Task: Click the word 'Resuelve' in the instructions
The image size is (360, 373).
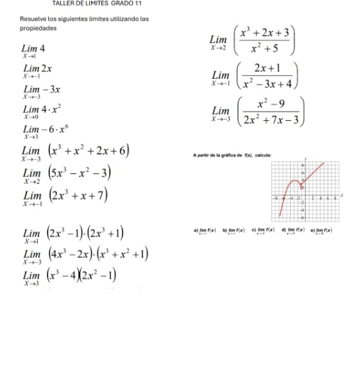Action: pos(32,19)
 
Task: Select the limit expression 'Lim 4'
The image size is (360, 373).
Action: pos(33,50)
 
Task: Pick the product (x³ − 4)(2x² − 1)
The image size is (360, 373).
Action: pos(83,275)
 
